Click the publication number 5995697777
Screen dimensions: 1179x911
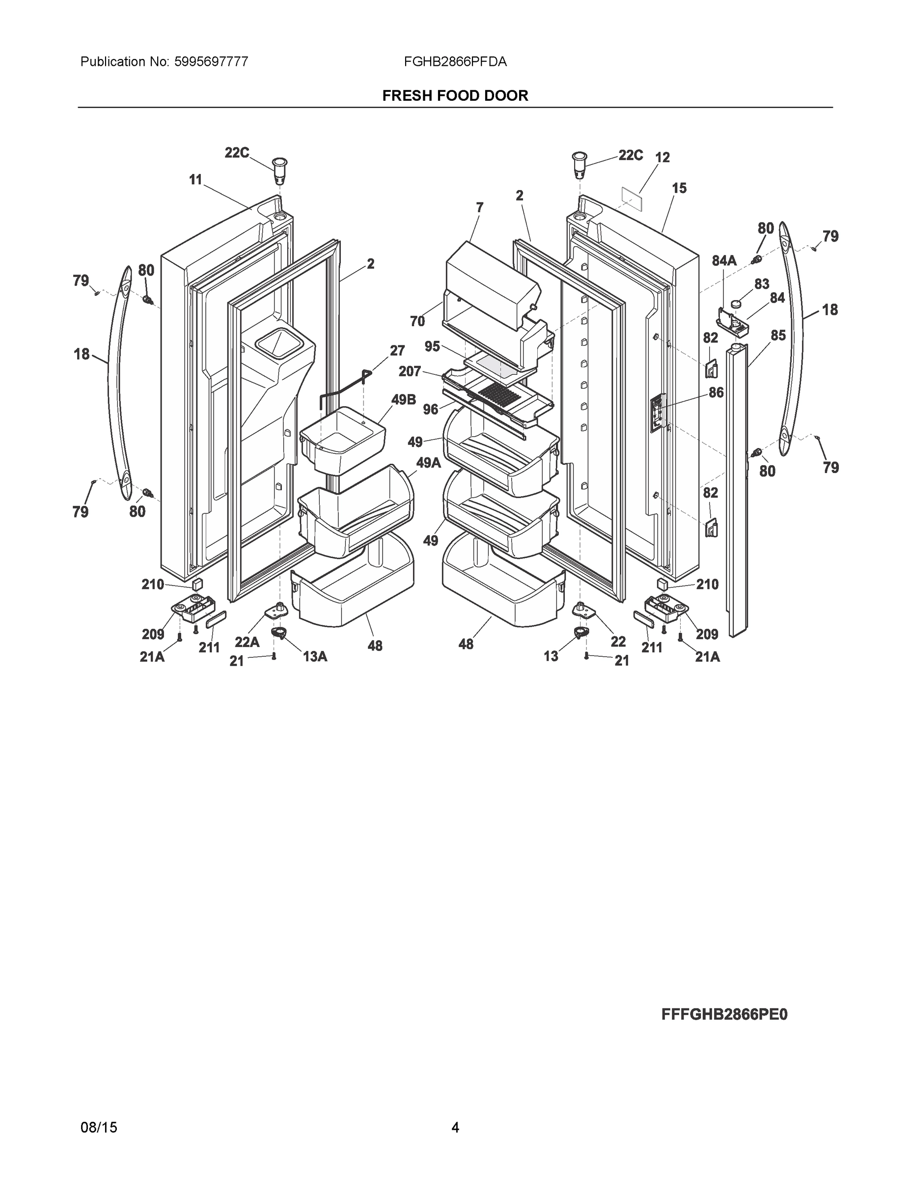coord(211,62)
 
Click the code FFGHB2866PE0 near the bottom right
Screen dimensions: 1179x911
coord(724,1014)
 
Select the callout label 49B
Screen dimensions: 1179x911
coord(403,400)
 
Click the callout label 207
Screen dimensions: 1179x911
coord(410,371)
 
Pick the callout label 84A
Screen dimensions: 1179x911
coord(724,261)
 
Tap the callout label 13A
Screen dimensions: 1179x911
coord(315,656)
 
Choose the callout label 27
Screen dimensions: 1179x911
coord(397,350)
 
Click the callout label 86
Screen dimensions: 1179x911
coord(716,393)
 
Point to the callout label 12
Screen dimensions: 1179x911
coord(662,157)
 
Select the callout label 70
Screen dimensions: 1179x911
coord(417,321)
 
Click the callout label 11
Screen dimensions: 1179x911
coord(195,179)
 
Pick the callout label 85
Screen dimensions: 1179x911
coord(778,335)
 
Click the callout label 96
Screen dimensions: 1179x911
coord(430,409)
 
